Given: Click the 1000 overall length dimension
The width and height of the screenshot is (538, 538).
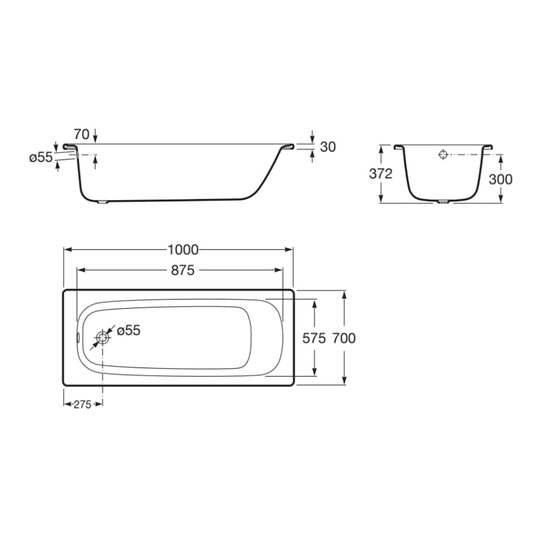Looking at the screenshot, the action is (x=183, y=250).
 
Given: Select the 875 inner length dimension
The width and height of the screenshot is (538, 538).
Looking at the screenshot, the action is (x=182, y=270).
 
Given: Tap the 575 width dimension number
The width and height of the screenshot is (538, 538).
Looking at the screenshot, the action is (x=314, y=338).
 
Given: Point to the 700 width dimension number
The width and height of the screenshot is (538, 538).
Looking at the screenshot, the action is (x=344, y=338).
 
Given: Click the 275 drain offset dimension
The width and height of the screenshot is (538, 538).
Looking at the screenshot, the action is (x=82, y=404).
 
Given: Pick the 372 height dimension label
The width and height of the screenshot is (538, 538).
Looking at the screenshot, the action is (x=381, y=174).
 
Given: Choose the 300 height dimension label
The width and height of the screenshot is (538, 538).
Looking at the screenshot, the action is (x=501, y=179).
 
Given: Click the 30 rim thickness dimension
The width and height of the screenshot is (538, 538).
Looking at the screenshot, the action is (x=328, y=147).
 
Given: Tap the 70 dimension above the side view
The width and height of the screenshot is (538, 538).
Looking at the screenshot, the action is (x=82, y=134).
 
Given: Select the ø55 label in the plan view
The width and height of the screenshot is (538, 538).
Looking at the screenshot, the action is (x=128, y=330).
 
